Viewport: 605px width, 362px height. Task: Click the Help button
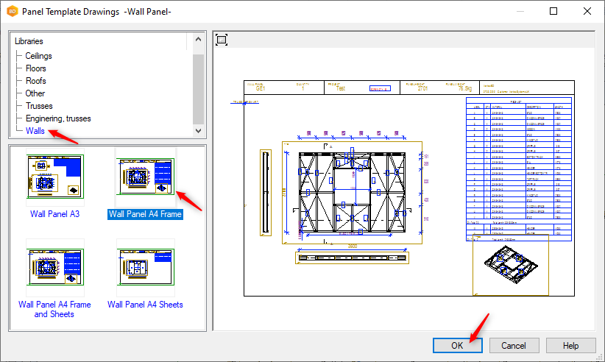pos(570,345)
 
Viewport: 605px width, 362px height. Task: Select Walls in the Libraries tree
pos(35,131)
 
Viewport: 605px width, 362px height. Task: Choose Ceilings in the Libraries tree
pos(38,56)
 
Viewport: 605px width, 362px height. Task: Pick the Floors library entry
pos(35,68)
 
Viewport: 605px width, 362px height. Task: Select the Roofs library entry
pos(35,81)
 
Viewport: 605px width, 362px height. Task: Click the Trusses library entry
pos(39,106)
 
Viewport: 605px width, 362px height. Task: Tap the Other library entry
pos(35,93)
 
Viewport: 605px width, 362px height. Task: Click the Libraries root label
pos(29,41)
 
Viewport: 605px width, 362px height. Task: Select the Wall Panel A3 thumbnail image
pos(54,175)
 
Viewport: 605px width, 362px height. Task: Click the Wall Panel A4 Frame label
pos(145,214)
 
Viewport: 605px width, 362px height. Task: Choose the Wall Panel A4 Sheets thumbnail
pos(145,266)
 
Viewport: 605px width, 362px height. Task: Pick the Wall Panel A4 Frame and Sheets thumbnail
pos(54,266)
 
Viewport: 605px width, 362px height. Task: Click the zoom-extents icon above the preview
pos(222,40)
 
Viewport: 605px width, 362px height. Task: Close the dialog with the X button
pos(587,11)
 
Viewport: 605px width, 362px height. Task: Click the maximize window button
pos(553,11)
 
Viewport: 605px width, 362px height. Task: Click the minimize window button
pos(519,11)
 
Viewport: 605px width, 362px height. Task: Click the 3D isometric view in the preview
pos(512,266)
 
